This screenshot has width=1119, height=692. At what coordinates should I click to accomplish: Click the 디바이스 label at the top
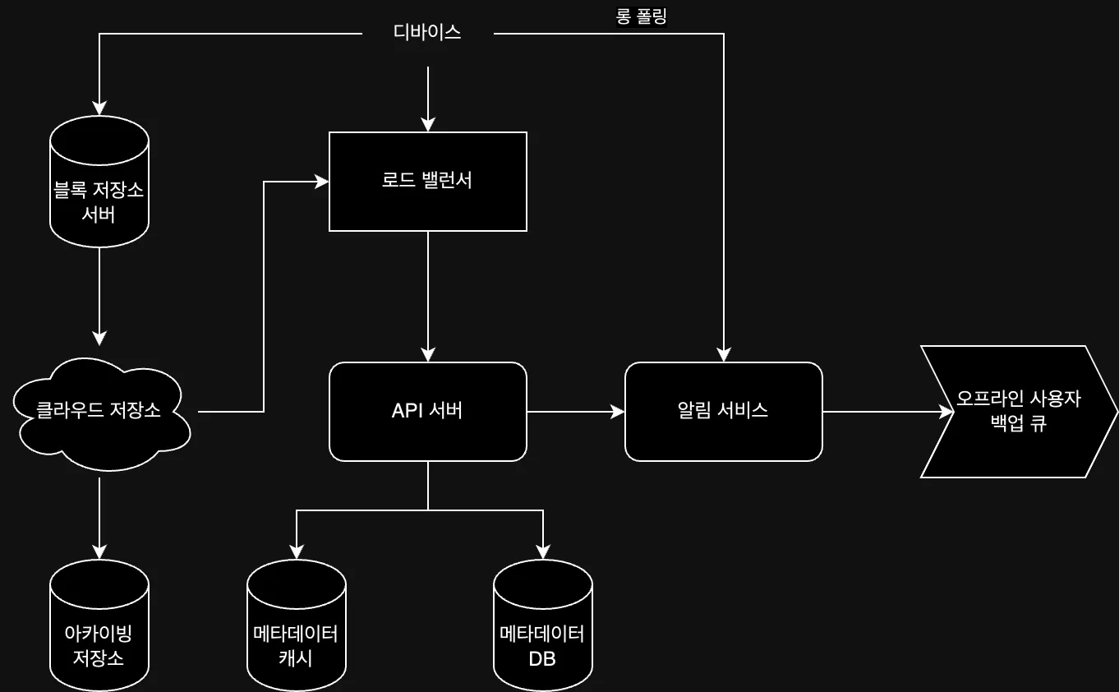427,33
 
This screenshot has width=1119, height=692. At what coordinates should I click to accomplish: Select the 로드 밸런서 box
427,182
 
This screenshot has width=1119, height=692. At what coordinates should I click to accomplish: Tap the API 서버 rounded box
427,411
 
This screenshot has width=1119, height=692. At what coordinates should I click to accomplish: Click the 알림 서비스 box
723,411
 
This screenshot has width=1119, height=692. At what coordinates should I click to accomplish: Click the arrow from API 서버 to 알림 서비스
575,411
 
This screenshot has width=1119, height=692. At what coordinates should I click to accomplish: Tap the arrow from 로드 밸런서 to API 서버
427,296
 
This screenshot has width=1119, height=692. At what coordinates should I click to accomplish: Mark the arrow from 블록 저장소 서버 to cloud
99,296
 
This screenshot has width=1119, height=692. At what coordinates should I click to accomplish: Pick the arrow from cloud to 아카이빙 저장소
99,518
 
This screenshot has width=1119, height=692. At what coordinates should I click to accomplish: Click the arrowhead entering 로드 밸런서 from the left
322,182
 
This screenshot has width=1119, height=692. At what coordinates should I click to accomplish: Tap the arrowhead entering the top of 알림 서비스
723,355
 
